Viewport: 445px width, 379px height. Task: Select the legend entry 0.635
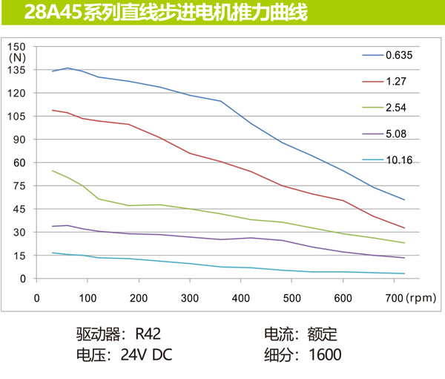398,55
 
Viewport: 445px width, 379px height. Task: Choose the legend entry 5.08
395,135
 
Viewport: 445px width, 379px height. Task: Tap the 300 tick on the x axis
190,298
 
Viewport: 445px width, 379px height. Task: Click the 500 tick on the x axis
292,298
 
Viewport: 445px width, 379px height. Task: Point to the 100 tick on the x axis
88,298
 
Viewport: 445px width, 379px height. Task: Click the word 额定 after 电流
323,333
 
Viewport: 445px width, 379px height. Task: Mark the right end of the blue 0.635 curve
404,200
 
